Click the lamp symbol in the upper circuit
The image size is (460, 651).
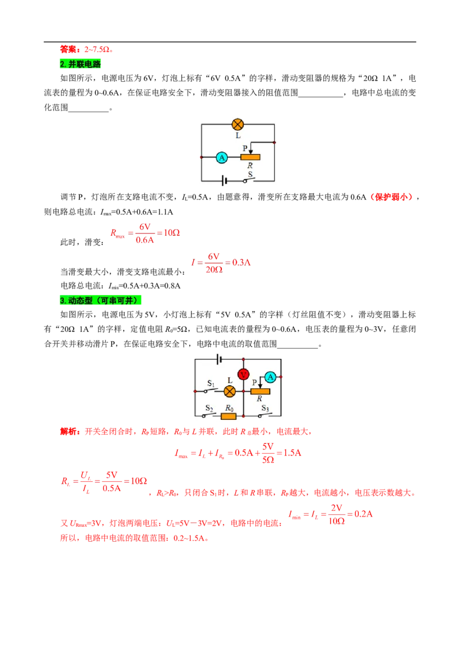click(x=237, y=124)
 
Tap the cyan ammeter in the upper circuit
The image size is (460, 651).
click(x=222, y=158)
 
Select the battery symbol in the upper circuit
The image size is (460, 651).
click(x=225, y=181)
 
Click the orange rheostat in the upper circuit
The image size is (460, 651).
click(x=250, y=157)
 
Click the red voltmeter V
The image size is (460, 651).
click(x=243, y=374)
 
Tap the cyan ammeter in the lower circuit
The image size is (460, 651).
click(x=270, y=377)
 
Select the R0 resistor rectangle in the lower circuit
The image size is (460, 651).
click(x=229, y=416)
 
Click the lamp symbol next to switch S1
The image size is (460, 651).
click(x=229, y=391)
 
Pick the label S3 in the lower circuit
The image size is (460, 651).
click(x=265, y=408)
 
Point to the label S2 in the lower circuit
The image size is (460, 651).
click(x=209, y=408)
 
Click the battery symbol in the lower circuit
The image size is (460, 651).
click(x=220, y=359)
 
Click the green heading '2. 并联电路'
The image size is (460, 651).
click(x=80, y=64)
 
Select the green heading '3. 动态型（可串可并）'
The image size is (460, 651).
click(x=101, y=300)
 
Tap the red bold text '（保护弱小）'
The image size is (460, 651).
click(x=392, y=197)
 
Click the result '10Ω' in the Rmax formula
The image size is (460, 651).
click(x=171, y=233)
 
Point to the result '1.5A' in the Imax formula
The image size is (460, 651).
click(x=292, y=453)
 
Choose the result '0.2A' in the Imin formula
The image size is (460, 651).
click(x=363, y=514)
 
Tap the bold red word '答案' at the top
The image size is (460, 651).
click(x=68, y=49)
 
